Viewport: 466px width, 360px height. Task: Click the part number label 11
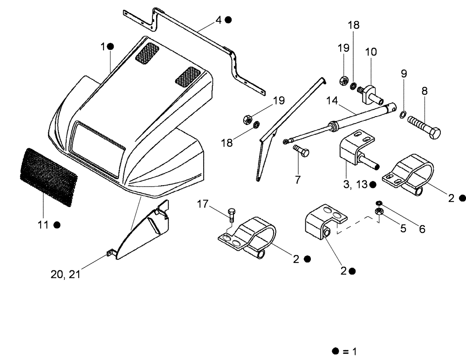coord(42,225)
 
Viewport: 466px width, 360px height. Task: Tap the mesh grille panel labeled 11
coord(48,177)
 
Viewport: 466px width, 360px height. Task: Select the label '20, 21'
coord(65,274)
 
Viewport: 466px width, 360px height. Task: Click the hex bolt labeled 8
coord(424,127)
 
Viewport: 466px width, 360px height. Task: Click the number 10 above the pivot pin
coord(371,52)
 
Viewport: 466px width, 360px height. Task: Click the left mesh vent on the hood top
coord(147,52)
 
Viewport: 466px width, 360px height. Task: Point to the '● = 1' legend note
coord(343,351)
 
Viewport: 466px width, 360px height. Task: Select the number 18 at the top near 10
coord(354,25)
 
